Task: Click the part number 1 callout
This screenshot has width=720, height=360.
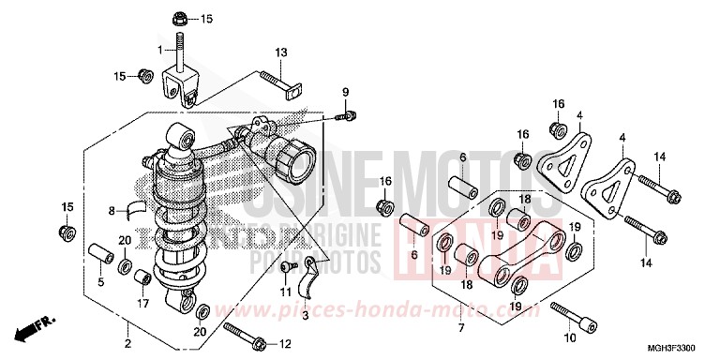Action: click(160, 48)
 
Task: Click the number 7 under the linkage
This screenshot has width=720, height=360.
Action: click(460, 327)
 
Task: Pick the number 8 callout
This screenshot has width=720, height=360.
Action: click(111, 210)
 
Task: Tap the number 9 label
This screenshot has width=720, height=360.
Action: click(344, 91)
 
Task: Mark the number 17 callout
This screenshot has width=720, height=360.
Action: click(142, 304)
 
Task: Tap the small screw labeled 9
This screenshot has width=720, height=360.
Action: click(346, 116)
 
